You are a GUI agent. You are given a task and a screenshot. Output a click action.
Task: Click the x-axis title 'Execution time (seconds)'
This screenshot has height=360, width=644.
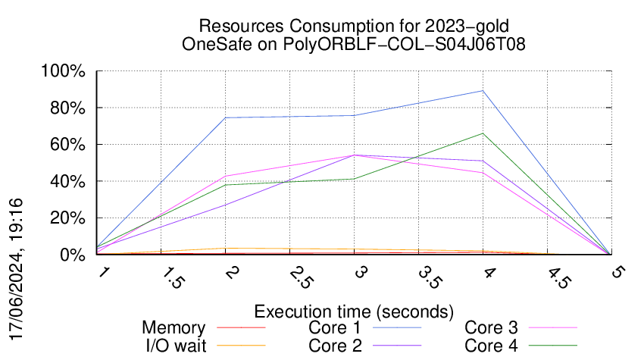(x=354, y=311)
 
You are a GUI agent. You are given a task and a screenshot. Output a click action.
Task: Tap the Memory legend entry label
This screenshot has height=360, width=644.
(x=174, y=328)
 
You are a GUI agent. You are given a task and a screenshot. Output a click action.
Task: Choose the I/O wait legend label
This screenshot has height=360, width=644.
(x=174, y=346)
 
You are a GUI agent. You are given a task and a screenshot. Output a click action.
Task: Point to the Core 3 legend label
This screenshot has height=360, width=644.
(x=492, y=328)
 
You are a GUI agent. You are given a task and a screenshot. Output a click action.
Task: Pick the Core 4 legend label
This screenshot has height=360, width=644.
(x=492, y=346)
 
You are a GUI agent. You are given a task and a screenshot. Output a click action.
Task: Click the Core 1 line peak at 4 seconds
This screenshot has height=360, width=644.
(x=483, y=91)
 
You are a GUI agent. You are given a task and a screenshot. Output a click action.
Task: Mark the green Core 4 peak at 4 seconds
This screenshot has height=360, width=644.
(x=483, y=133)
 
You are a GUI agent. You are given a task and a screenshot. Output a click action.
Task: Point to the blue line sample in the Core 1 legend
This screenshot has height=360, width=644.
(x=398, y=328)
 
